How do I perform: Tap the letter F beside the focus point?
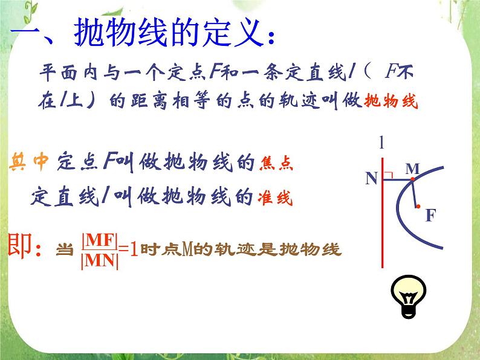430,214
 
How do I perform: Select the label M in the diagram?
412,170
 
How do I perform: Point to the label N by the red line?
371,178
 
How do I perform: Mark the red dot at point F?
418,207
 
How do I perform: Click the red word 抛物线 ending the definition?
392,101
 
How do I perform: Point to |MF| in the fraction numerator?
99,240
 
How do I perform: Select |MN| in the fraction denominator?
99,260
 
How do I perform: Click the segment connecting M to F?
415,193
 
